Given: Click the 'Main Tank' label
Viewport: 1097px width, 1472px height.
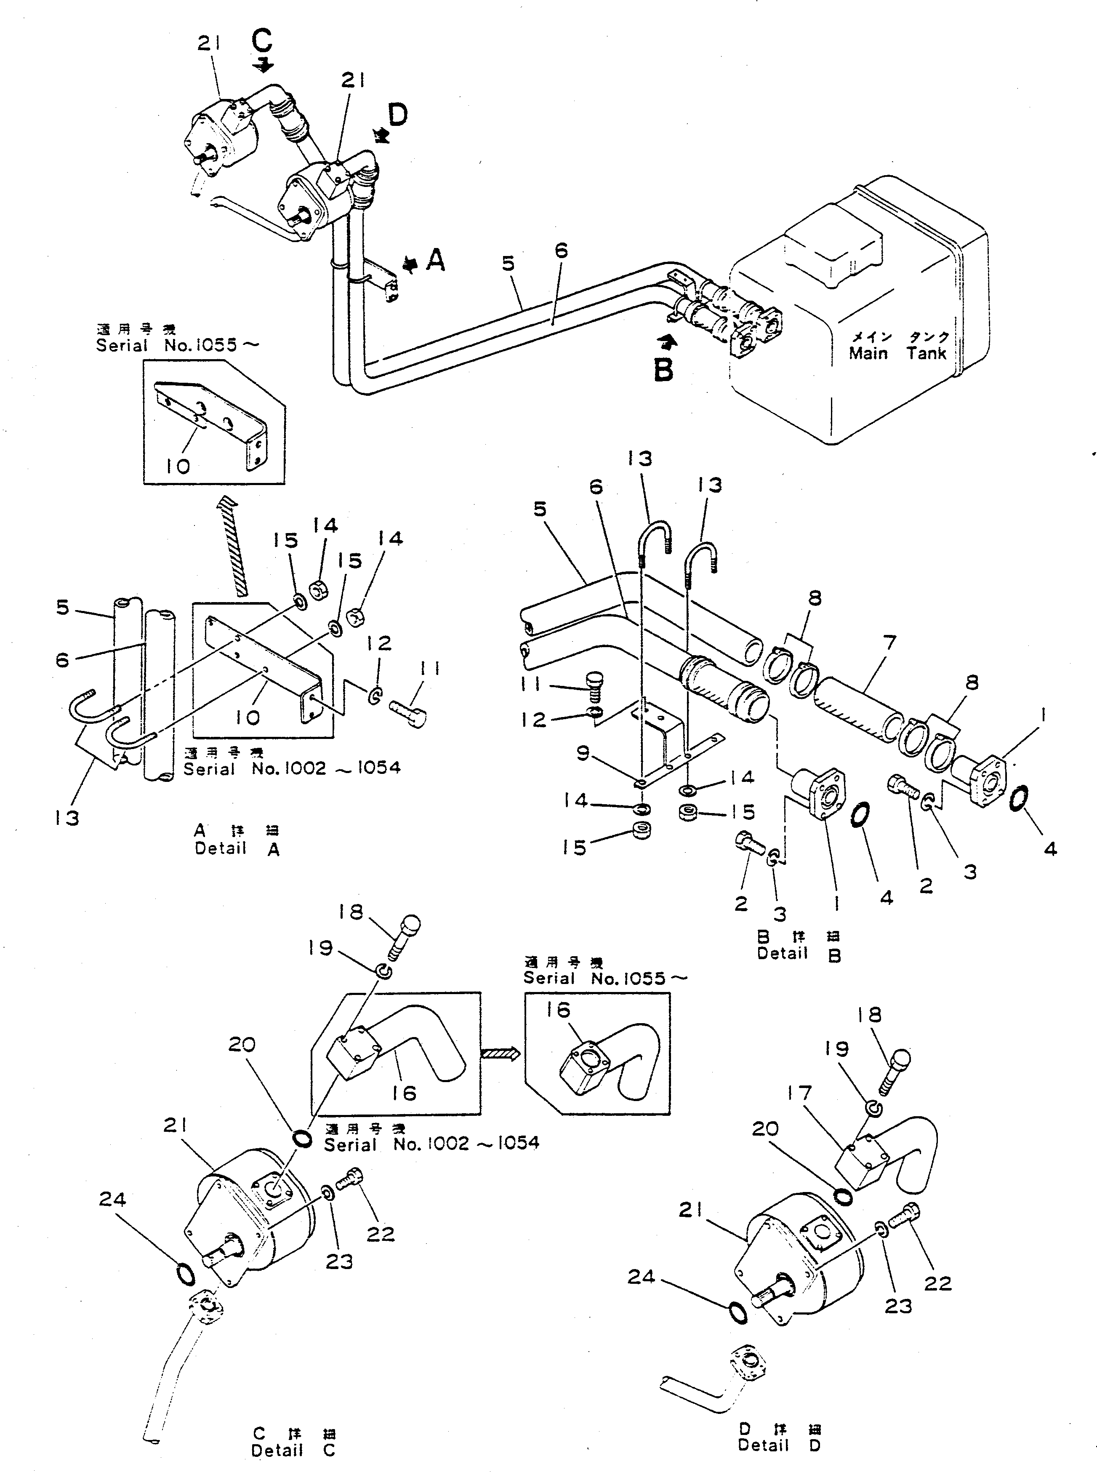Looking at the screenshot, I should tap(898, 353).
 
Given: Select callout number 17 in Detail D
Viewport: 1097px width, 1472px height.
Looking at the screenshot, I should tap(799, 1093).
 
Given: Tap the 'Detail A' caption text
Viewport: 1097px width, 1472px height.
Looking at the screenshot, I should tap(237, 848).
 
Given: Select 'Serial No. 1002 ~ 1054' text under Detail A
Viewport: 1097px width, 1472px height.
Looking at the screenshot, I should tap(292, 768).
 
